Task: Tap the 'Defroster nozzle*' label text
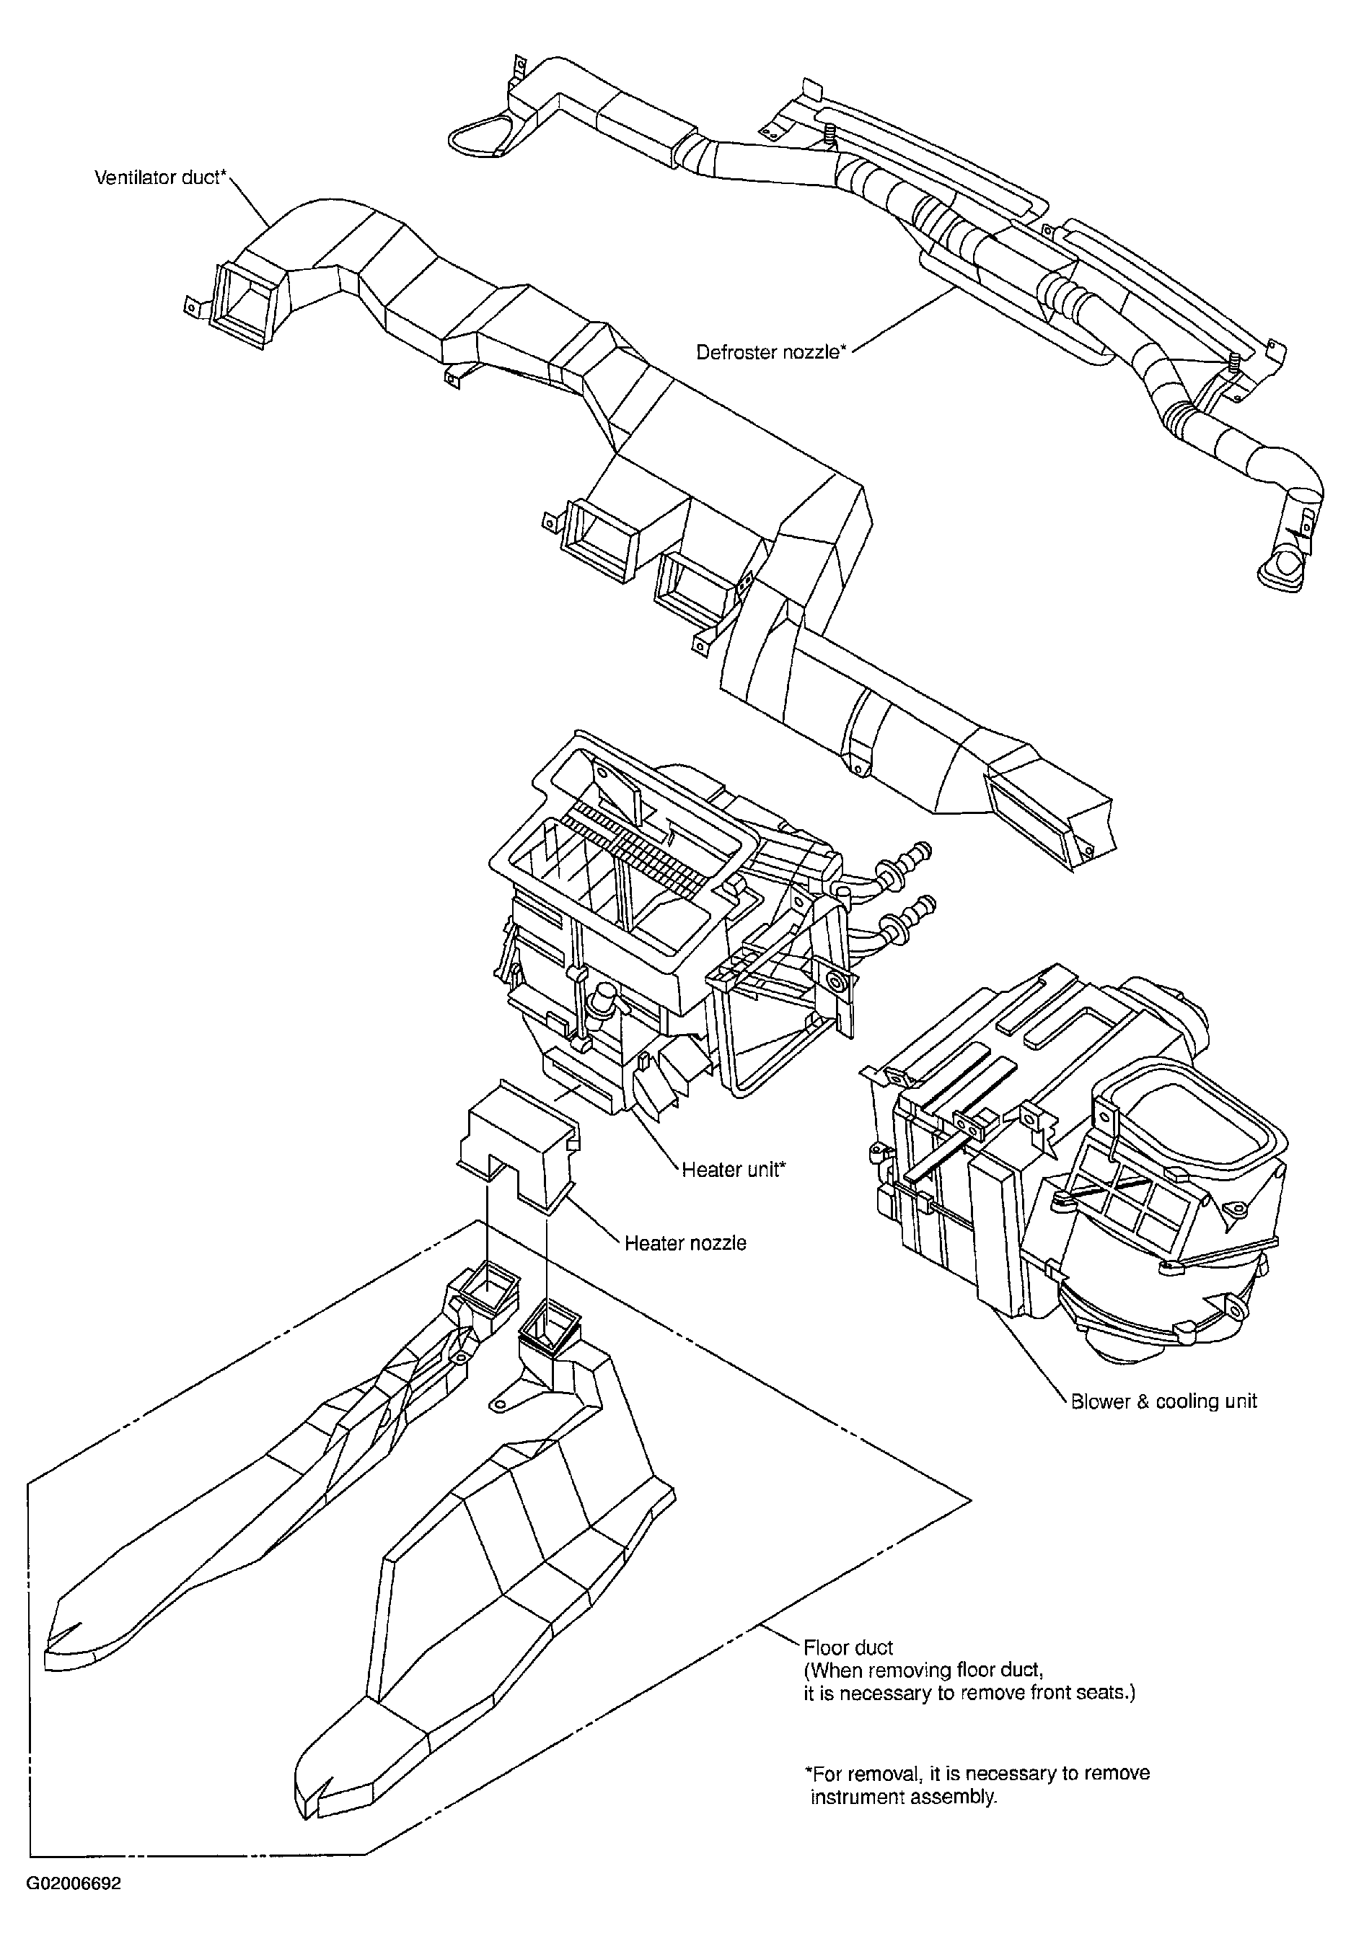coord(771,351)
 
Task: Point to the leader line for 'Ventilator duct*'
coord(250,204)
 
